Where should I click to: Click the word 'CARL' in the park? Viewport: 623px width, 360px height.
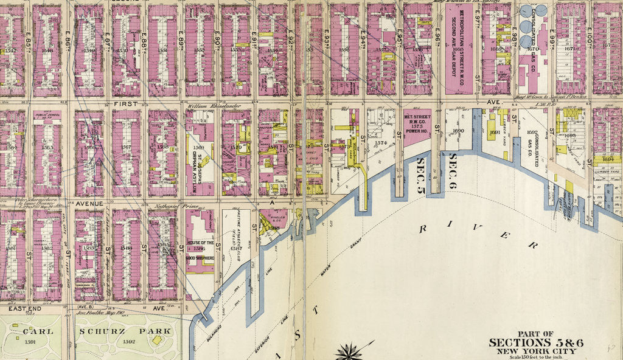34,331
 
